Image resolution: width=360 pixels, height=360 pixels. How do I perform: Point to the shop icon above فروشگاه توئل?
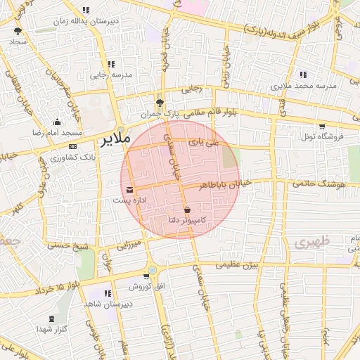point(322,127)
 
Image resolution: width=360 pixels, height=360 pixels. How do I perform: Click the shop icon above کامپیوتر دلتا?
point(187,210)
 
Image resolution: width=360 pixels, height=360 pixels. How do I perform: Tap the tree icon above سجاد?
point(18,31)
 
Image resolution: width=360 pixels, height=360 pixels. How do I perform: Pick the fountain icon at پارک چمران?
point(160,101)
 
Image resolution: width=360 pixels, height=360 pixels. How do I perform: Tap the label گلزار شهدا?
point(53,329)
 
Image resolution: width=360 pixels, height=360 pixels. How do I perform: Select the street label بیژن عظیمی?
point(238,265)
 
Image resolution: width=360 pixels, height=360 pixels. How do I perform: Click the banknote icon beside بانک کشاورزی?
point(73,146)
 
